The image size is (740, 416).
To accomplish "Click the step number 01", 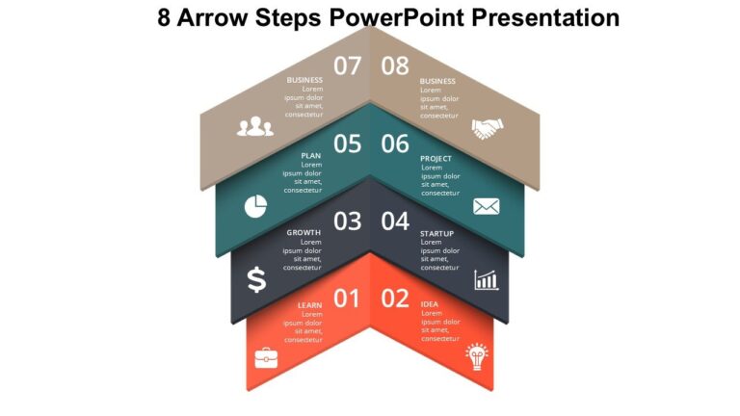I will [347, 299].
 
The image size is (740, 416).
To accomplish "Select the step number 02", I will [395, 299].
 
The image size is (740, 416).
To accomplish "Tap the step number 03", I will [347, 221].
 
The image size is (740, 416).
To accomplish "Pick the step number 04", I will [395, 221].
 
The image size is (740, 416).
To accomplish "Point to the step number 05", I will [347, 144].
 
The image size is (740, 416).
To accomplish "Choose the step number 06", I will [395, 144].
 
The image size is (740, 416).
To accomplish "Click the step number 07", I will [347, 65].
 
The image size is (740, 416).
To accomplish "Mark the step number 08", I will [395, 65].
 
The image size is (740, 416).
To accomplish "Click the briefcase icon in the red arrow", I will [265, 358].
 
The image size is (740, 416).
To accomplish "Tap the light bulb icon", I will [477, 356].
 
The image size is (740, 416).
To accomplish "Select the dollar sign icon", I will [256, 279].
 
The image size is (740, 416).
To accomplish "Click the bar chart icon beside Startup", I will [486, 279].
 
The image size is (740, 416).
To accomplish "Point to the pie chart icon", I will [255, 206].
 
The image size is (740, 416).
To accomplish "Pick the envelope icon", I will [486, 206].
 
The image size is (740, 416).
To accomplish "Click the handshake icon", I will [487, 128].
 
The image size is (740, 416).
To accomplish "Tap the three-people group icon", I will [255, 127].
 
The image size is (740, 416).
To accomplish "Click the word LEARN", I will [309, 305].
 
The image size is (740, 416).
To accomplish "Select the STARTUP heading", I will [437, 233].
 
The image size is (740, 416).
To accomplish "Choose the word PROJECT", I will [436, 158].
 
